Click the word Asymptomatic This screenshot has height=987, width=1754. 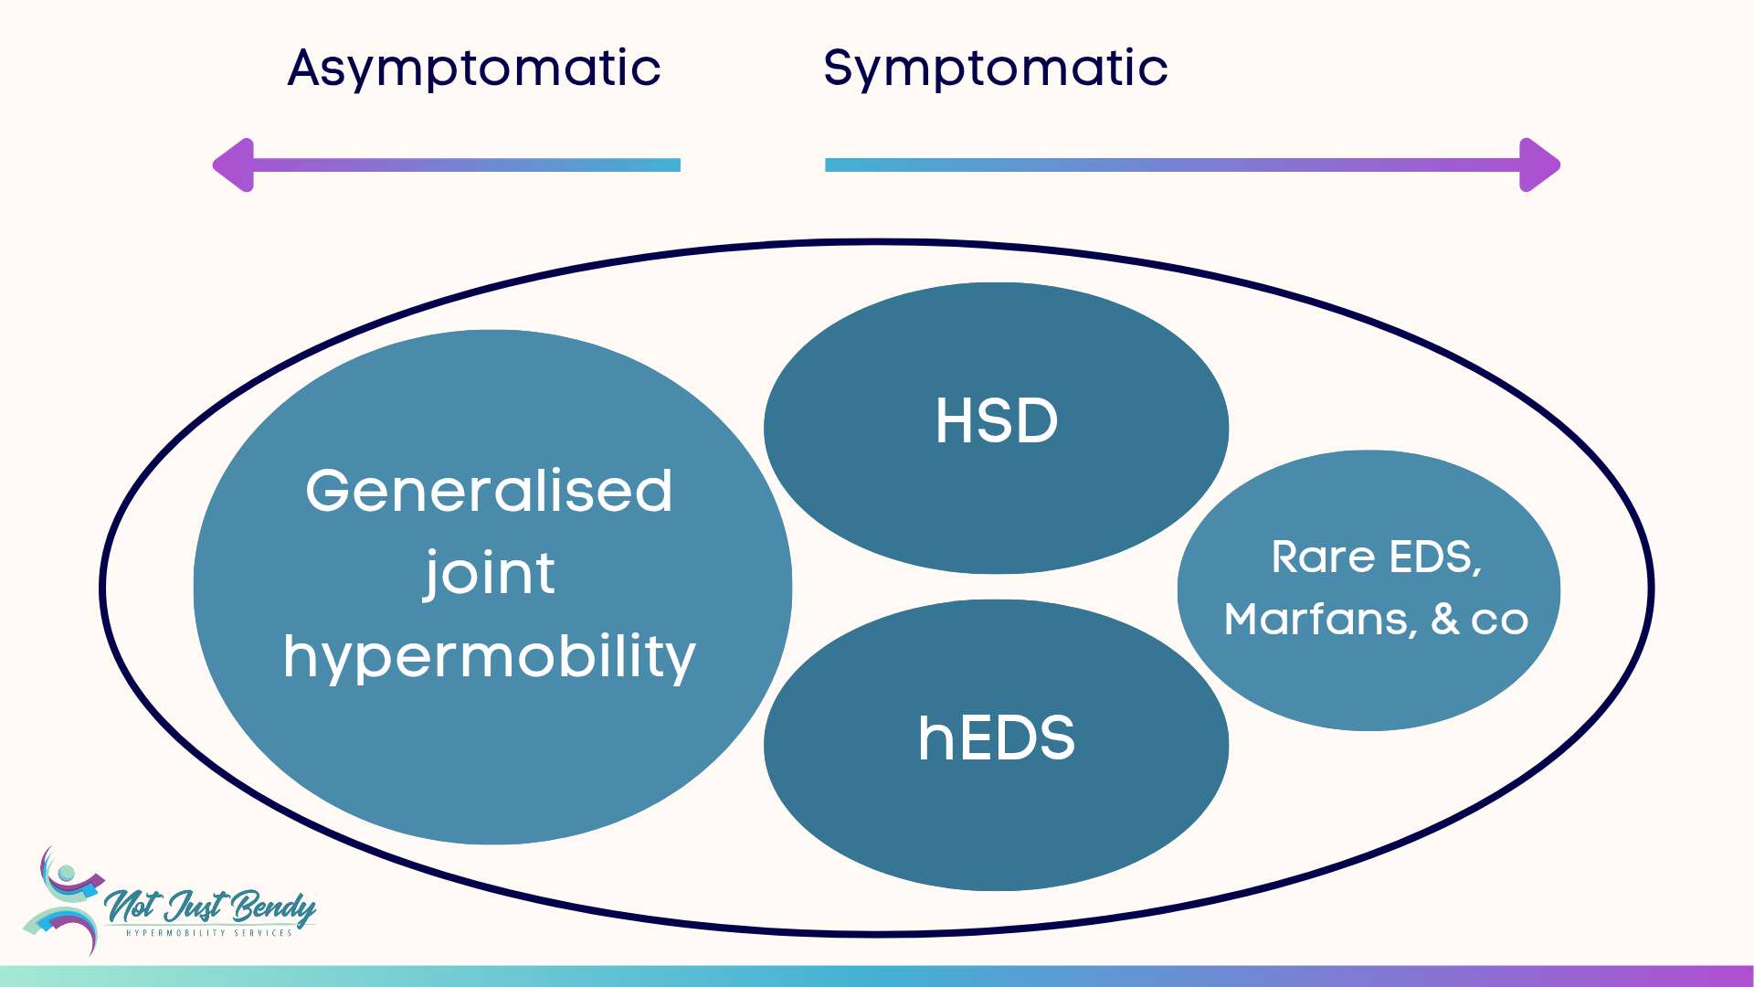tap(473, 69)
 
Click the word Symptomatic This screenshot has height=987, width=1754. tap(995, 69)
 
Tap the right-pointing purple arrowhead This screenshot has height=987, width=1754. tap(1539, 165)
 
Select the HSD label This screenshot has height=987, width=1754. tap(996, 421)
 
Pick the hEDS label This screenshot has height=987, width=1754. tap(996, 738)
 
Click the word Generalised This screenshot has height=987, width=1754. tap(489, 492)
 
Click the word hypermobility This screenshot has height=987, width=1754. tap(489, 656)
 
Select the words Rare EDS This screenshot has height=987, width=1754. tap(1374, 557)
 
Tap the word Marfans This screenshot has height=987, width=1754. tap(1319, 620)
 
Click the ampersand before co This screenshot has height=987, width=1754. tap(1445, 619)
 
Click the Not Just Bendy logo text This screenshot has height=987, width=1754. tap(210, 907)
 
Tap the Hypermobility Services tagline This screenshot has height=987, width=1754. tap(209, 933)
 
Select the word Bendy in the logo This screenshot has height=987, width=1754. tap(272, 907)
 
